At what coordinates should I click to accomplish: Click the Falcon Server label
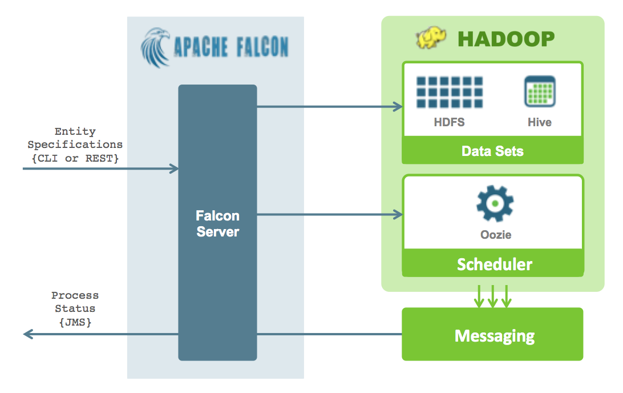(218, 223)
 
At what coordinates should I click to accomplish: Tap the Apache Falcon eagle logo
(156, 48)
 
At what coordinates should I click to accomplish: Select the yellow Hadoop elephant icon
(431, 38)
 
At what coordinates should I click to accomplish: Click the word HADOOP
(506, 39)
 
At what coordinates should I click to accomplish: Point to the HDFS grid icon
(450, 93)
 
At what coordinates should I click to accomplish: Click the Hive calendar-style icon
(540, 91)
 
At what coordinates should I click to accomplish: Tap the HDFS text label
(450, 122)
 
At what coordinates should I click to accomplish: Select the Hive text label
(540, 122)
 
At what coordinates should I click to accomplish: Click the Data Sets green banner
(493, 150)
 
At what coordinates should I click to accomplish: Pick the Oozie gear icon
(495, 203)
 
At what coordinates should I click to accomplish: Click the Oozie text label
(496, 235)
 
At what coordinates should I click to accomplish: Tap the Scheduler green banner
(493, 263)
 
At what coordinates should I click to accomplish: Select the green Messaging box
(493, 334)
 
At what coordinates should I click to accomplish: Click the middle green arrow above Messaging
(493, 296)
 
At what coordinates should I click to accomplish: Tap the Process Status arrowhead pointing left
(28, 334)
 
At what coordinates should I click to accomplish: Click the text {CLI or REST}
(75, 158)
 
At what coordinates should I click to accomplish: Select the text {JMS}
(75, 322)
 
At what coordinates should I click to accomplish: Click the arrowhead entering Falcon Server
(174, 169)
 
